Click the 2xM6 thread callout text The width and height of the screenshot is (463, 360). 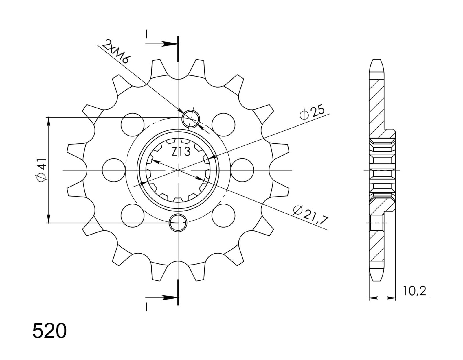115,54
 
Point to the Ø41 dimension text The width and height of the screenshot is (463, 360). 42,170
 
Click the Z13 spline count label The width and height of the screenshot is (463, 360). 181,152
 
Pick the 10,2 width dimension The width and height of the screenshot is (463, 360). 414,291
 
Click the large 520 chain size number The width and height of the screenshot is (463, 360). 49,331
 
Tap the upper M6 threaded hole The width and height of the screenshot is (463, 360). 191,119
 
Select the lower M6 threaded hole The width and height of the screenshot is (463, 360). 178,223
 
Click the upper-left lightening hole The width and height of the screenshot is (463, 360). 132,125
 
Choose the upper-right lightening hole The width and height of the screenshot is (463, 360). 223,125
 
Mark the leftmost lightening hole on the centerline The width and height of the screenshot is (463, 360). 114,170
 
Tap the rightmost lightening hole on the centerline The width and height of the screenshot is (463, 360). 242,170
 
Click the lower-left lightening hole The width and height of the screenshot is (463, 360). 132,215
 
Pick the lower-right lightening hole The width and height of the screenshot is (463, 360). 223,215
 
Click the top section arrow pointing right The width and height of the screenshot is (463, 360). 161,44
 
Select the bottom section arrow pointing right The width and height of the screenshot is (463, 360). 161,298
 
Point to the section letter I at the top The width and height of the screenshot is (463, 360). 147,34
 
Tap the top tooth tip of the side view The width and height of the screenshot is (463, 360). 377,59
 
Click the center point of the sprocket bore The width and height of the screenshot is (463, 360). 178,170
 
